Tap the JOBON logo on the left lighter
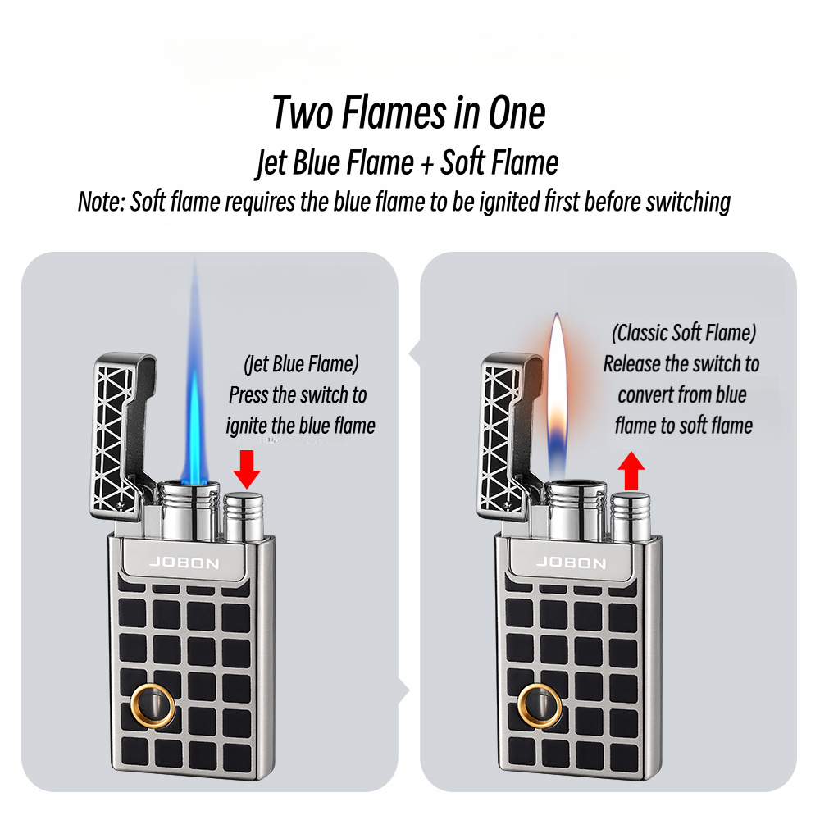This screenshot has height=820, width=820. (184, 563)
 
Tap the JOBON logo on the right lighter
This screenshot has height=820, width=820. (571, 563)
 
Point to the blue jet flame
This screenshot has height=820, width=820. (195, 385)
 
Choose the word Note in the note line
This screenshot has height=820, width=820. (101, 202)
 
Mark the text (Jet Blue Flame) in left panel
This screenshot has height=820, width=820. (301, 363)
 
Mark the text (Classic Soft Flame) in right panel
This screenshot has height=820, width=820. (684, 333)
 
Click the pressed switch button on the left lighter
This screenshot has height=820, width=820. (243, 517)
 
